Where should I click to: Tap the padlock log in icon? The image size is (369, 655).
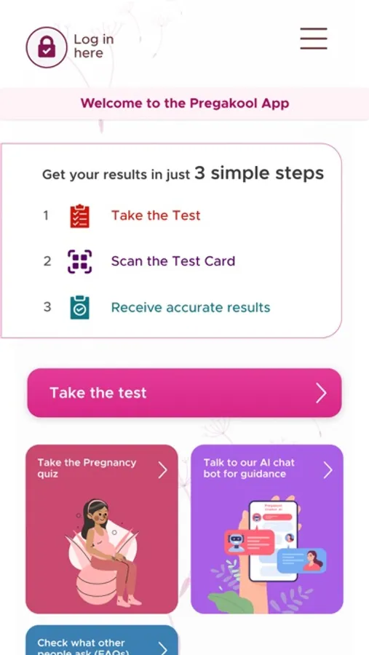(x=47, y=47)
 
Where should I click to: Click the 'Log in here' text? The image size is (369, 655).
(x=93, y=46)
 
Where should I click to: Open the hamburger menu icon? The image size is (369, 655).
(x=314, y=39)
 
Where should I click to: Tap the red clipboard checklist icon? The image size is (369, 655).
(x=79, y=216)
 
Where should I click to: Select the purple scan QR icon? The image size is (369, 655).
(x=79, y=261)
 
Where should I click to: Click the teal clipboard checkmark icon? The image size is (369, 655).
(x=79, y=307)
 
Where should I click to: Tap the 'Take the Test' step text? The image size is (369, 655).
(x=156, y=215)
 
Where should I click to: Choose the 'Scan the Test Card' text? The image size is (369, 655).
(x=173, y=261)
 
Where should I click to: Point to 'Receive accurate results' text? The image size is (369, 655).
(x=191, y=307)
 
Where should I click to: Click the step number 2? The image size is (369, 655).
(x=47, y=261)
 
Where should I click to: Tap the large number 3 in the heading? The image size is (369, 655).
(x=200, y=173)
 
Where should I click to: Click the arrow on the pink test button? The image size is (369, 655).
(x=321, y=394)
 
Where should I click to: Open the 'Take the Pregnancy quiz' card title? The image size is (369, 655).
(x=87, y=468)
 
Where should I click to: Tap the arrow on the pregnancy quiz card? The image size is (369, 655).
(x=162, y=470)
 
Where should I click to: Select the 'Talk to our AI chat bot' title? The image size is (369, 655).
(x=248, y=468)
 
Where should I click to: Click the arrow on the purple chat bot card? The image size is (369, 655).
(x=328, y=470)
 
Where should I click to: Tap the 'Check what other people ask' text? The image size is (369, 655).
(x=82, y=646)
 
